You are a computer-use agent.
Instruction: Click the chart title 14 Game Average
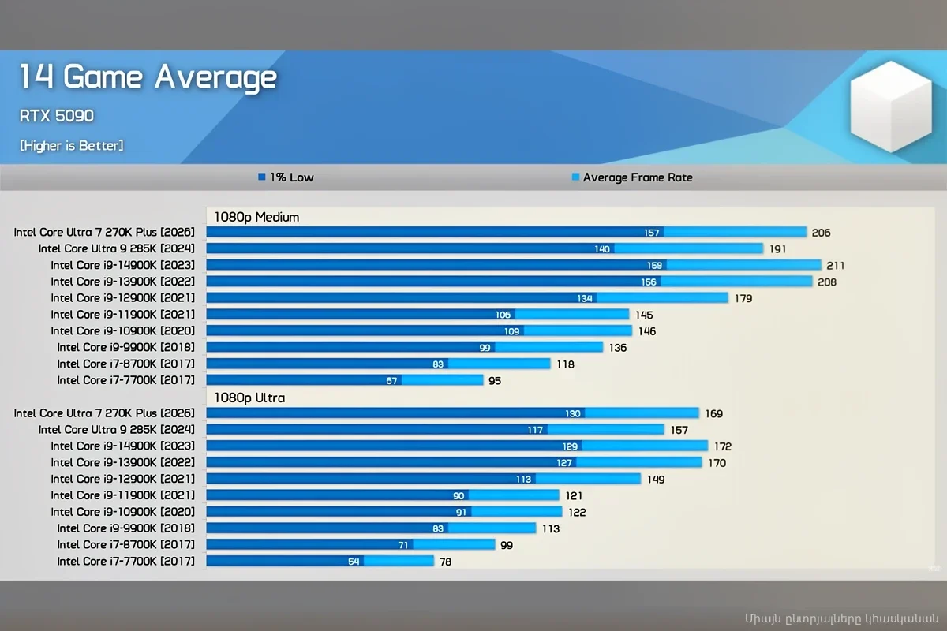(x=148, y=77)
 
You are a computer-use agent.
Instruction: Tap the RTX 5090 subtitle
(x=56, y=116)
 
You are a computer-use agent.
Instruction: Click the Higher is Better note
(x=71, y=146)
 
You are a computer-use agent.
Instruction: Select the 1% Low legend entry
(x=286, y=177)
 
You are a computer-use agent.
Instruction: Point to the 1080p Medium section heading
(x=256, y=217)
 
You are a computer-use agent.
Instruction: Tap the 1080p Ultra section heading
(x=249, y=398)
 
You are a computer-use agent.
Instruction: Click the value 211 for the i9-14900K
(x=835, y=266)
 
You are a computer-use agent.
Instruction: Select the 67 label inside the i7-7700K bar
(x=392, y=380)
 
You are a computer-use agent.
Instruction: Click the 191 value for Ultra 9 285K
(x=777, y=249)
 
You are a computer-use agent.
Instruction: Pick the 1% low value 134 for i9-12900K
(x=585, y=298)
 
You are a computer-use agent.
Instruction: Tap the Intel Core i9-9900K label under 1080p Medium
(x=125, y=347)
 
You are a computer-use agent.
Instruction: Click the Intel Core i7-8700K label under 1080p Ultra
(x=125, y=544)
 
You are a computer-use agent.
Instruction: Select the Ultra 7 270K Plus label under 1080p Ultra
(x=104, y=413)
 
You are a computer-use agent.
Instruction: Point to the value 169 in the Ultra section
(x=713, y=414)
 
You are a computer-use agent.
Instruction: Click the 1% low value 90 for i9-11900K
(x=459, y=495)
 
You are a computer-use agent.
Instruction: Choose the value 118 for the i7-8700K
(x=565, y=364)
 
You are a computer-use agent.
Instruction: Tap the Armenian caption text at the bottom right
(x=840, y=617)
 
